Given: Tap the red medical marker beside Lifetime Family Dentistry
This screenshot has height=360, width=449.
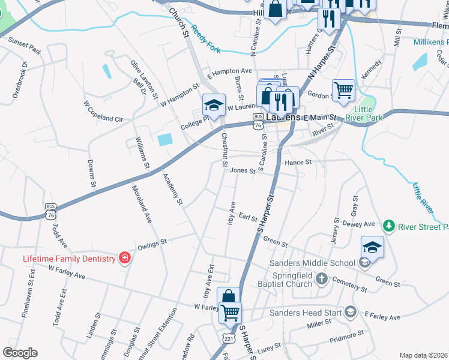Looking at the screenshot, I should pyautogui.click(x=125, y=258).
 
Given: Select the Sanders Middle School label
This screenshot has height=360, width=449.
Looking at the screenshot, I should pyautogui.click(x=312, y=263).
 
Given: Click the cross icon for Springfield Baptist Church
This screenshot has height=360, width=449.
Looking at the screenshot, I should pyautogui.click(x=322, y=278).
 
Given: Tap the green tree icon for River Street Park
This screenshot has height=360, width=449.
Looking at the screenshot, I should pyautogui.click(x=390, y=226).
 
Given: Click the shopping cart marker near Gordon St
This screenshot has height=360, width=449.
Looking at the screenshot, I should pyautogui.click(x=343, y=90).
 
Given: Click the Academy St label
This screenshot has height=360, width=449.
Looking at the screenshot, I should pyautogui.click(x=172, y=190).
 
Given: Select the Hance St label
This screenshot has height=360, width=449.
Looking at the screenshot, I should pyautogui.click(x=298, y=162).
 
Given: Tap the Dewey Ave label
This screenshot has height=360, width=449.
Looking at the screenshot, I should pyautogui.click(x=358, y=224).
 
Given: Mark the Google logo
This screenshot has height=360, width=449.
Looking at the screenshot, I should pyautogui.click(x=20, y=353).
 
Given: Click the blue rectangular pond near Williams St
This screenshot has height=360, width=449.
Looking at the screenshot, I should pyautogui.click(x=164, y=140).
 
